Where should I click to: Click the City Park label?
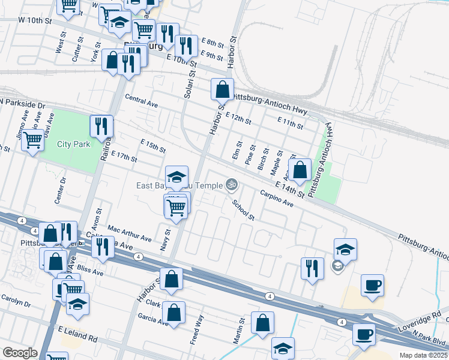click(73, 144)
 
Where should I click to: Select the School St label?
click(244, 210)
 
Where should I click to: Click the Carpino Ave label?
click(276, 199)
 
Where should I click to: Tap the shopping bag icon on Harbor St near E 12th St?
click(222, 90)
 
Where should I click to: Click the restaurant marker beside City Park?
click(101, 127)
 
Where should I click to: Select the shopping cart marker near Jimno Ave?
click(33, 141)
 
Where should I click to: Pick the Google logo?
click(20, 353)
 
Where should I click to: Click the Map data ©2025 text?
click(424, 355)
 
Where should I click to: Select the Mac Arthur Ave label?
click(130, 234)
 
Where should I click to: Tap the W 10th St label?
click(35, 21)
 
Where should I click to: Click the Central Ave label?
click(141, 101)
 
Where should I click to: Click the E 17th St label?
click(124, 157)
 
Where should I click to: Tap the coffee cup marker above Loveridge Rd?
click(372, 285)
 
